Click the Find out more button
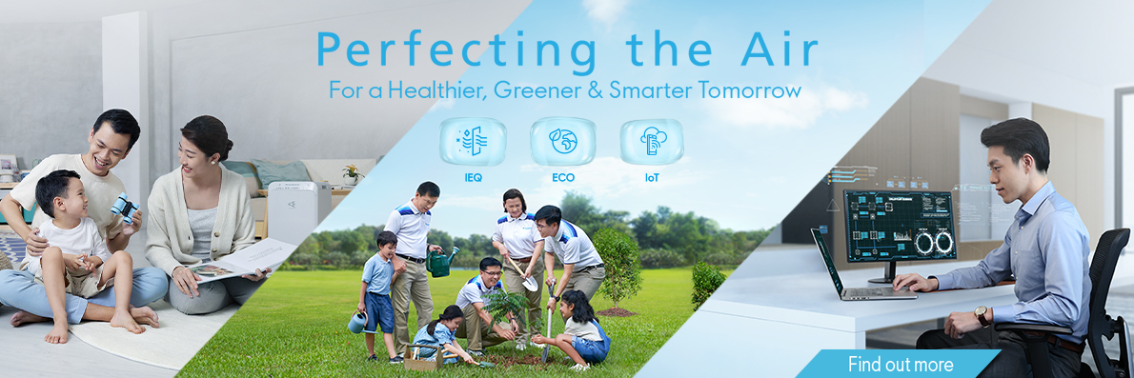point(899,364)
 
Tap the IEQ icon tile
point(473,142)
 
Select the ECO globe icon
point(562,142)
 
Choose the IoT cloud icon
point(652,142)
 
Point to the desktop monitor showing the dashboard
point(900,226)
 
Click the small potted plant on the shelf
point(353,175)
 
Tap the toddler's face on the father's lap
point(67,196)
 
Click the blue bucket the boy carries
point(356,323)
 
